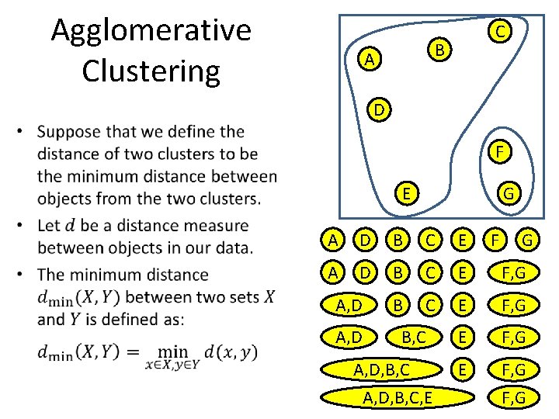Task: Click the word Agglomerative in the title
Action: (x=151, y=31)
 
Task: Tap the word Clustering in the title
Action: (x=151, y=70)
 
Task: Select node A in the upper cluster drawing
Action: (x=371, y=59)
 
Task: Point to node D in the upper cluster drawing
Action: (x=377, y=110)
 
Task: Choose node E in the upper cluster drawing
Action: (x=406, y=192)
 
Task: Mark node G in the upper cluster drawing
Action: (x=510, y=192)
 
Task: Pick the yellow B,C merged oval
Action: (x=411, y=338)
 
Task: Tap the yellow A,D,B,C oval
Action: (x=382, y=369)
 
